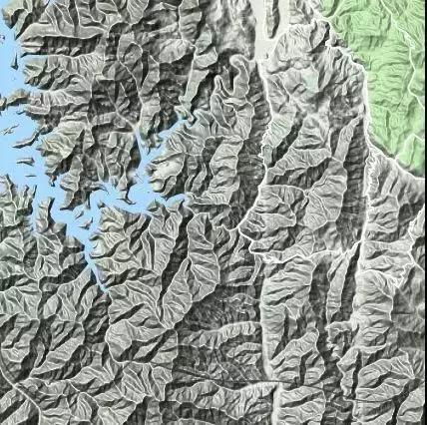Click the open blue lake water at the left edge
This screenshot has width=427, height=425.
coord(8,150)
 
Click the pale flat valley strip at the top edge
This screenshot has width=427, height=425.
coord(261,12)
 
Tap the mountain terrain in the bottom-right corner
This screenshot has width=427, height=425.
coord(399,399)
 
